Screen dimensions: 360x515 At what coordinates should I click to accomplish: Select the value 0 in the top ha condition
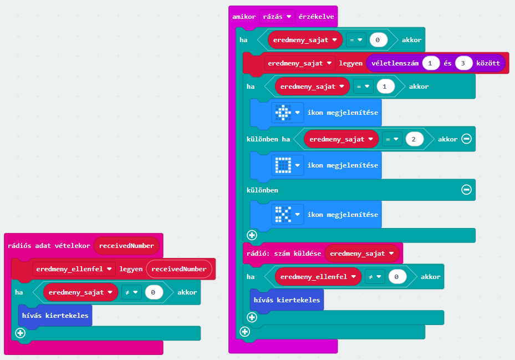tap(378, 40)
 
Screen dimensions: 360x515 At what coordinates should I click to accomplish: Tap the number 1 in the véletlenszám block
tap(431, 63)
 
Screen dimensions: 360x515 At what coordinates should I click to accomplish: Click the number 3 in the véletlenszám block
tap(463, 63)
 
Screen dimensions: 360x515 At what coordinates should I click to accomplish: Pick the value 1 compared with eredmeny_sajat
tap(385, 87)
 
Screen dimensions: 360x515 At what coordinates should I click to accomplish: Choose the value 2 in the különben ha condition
tap(413, 139)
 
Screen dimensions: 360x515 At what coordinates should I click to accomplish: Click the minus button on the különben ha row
tap(466, 139)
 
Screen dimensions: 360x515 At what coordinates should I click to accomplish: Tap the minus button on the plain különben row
tap(466, 190)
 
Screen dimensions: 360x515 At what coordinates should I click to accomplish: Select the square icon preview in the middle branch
tap(283, 165)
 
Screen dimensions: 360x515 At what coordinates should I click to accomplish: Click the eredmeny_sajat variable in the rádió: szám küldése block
tap(361, 253)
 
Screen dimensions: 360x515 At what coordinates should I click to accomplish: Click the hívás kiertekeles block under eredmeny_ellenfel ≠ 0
tap(286, 300)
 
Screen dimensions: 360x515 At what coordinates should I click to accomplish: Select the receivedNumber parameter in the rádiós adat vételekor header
tap(127, 245)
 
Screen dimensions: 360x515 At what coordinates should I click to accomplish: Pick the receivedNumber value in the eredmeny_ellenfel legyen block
tap(179, 269)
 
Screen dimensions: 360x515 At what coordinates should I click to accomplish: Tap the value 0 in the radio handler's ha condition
tap(154, 292)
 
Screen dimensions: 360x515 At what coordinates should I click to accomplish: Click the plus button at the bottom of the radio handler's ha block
tap(20, 333)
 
